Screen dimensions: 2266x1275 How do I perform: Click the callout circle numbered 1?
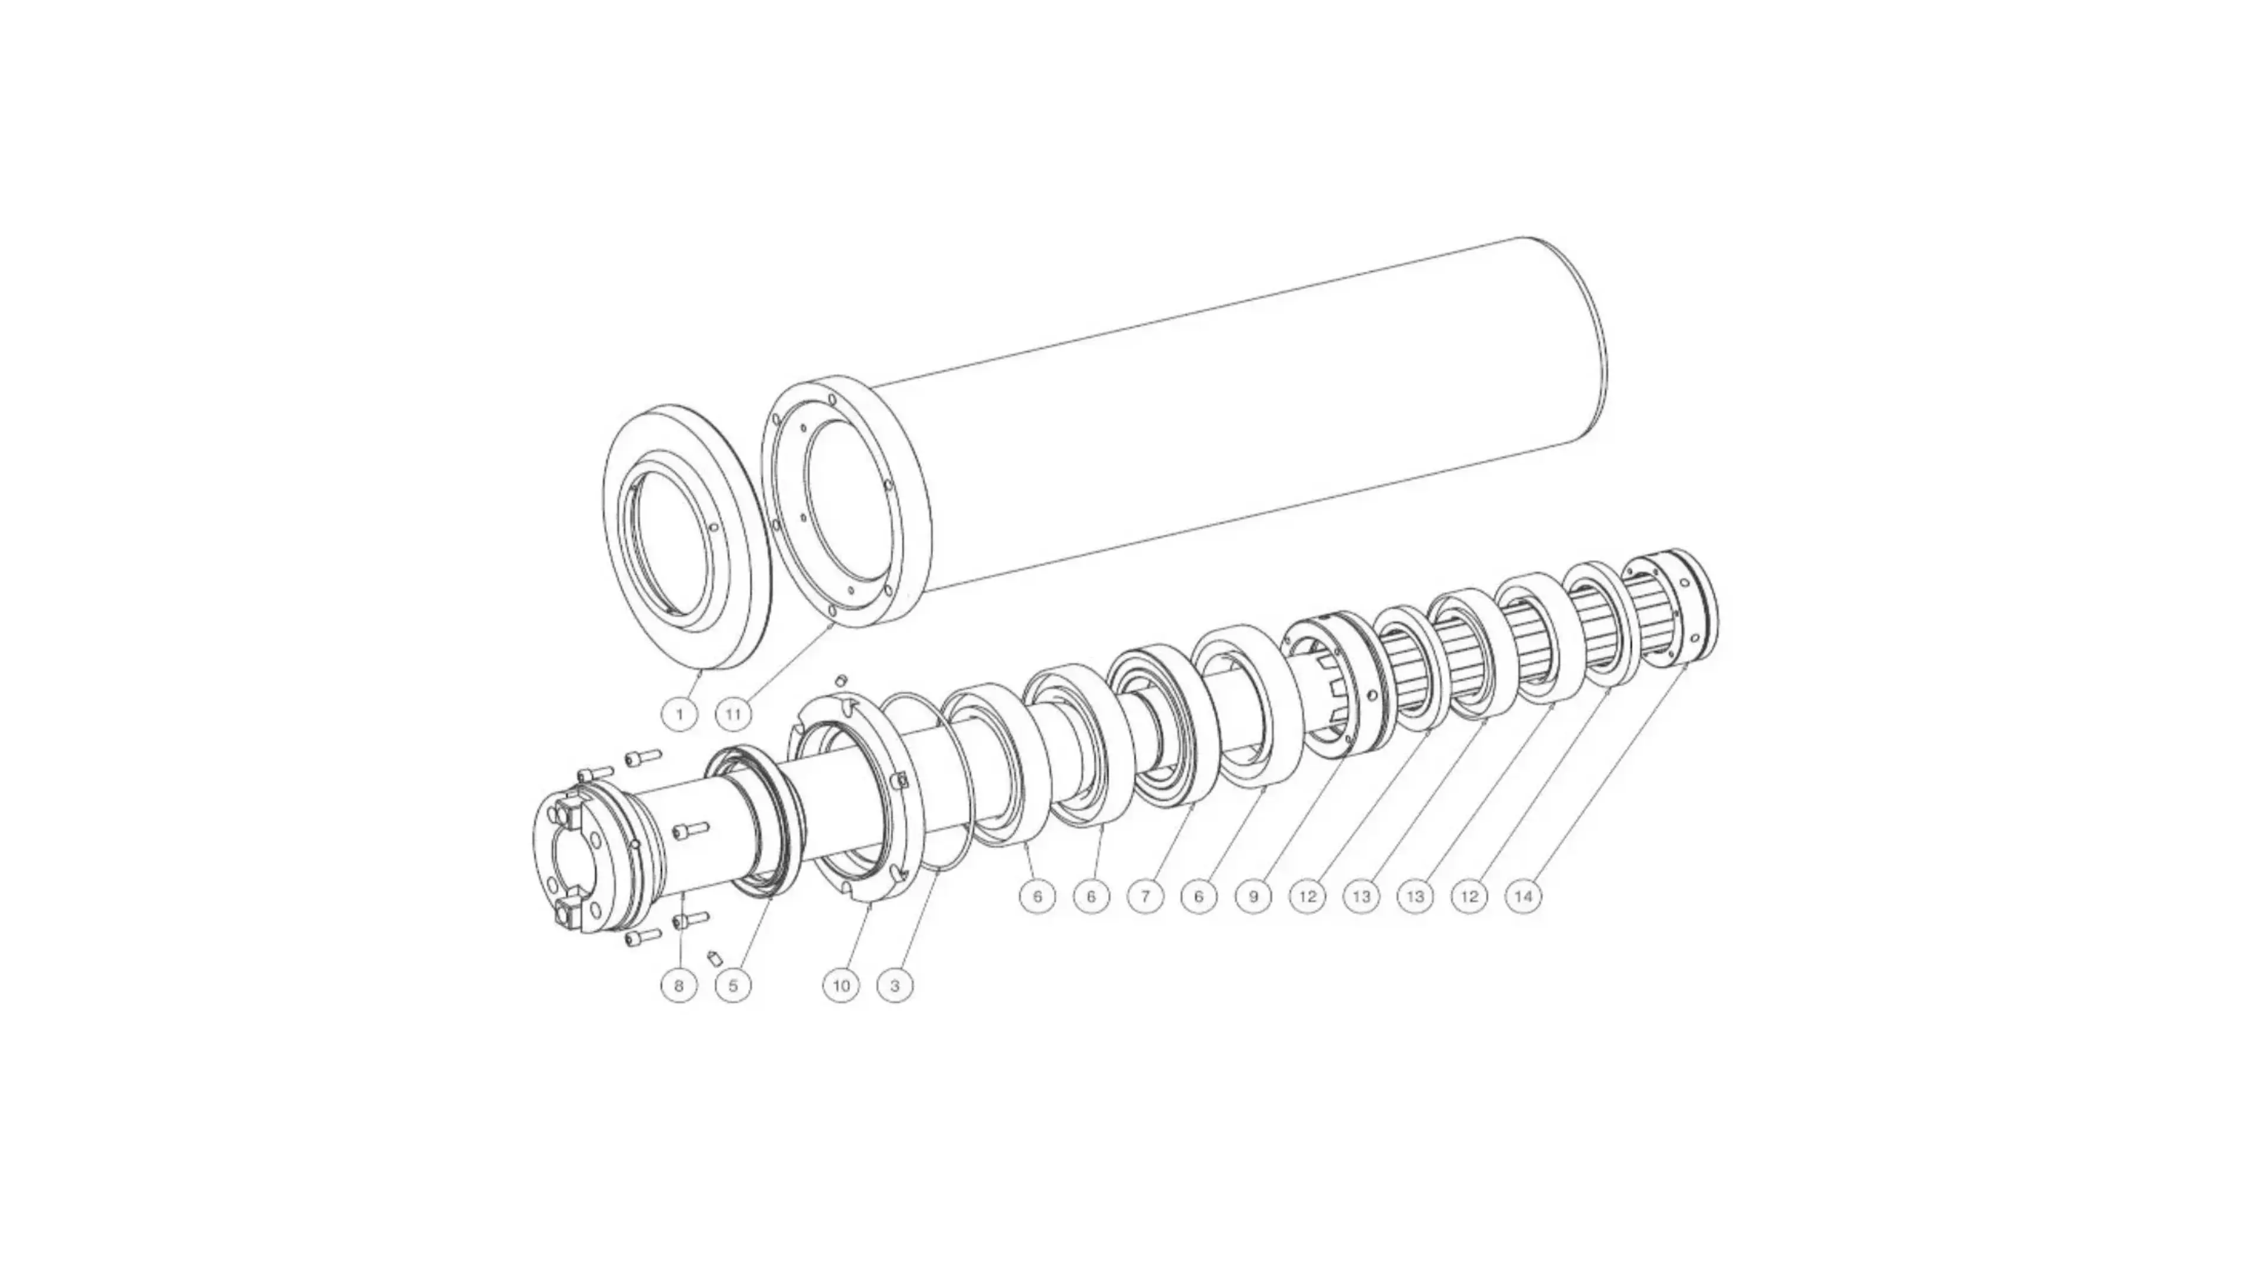click(x=679, y=714)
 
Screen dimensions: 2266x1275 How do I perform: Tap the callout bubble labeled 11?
click(x=733, y=714)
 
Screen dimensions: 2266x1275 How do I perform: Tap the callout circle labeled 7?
click(x=1145, y=897)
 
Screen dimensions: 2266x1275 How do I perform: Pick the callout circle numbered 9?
click(x=1253, y=897)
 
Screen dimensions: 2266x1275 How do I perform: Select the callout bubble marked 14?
click(x=1524, y=897)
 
